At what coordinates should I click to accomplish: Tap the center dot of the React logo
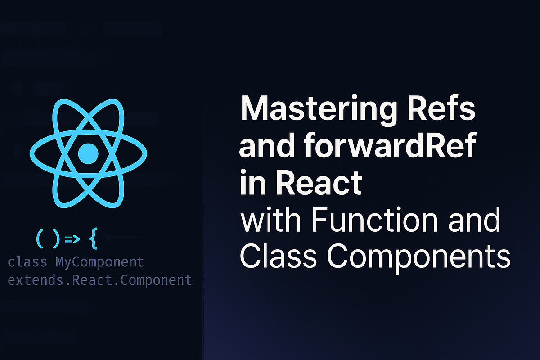click(88, 153)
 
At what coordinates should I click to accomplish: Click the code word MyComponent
click(99, 261)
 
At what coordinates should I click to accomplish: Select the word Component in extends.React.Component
click(157, 280)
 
